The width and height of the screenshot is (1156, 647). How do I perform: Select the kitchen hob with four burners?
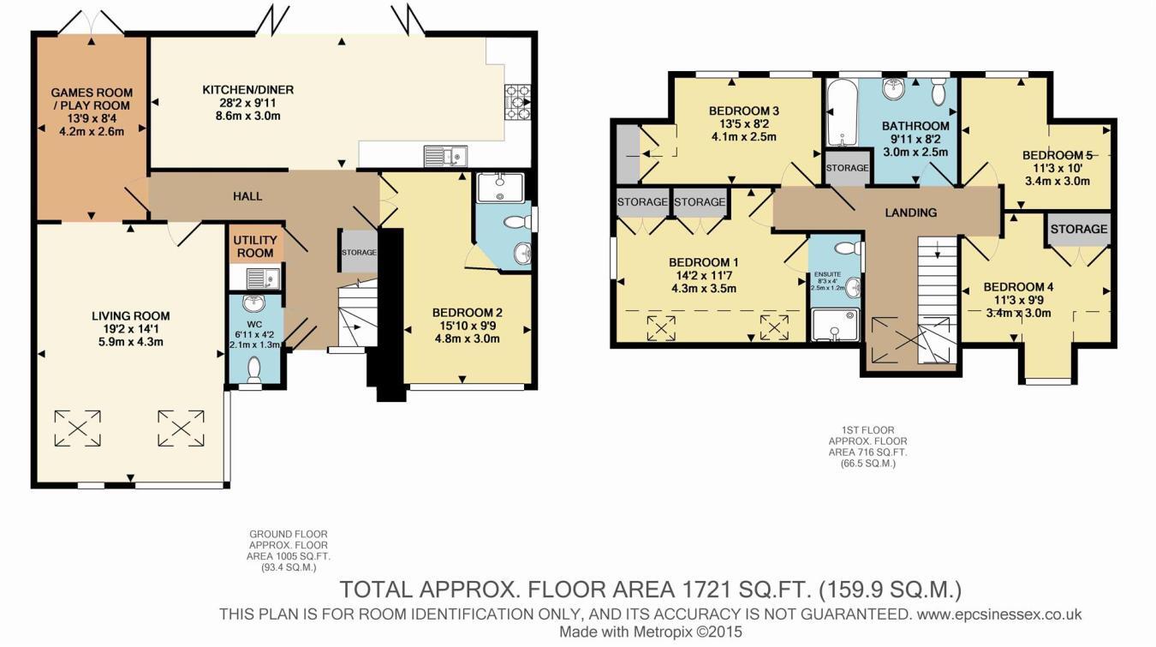518,102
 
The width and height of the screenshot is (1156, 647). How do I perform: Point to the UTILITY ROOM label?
253,247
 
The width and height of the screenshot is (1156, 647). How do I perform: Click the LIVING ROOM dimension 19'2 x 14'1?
131,329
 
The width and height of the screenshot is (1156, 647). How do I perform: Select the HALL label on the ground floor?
247,196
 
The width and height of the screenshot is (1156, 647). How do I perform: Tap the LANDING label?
911,213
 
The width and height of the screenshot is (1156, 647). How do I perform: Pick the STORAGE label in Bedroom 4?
1079,230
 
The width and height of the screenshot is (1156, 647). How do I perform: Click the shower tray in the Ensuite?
833,325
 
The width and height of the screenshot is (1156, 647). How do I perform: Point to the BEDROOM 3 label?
743,111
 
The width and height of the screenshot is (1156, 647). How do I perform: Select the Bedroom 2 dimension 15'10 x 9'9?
466,326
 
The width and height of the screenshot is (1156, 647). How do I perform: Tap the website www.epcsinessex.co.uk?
998,614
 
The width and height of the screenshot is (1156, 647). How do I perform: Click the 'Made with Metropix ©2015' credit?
651,632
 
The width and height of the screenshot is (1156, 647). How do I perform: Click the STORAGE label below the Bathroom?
847,168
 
